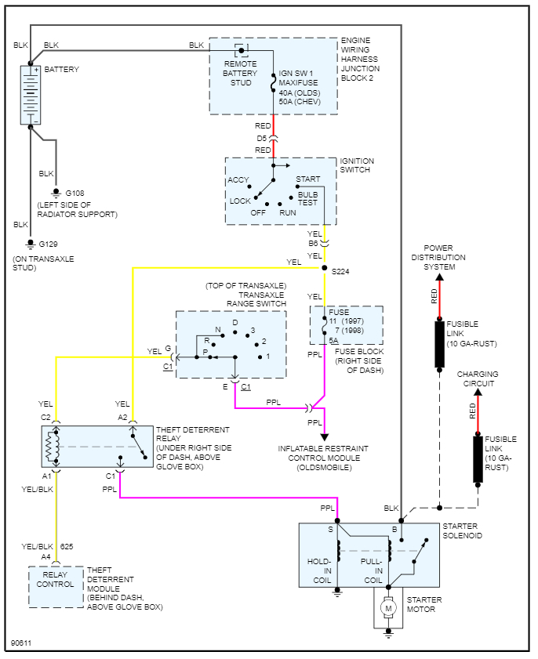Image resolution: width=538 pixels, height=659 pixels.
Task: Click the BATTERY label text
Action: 61,70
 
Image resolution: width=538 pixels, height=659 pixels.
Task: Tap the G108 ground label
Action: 76,193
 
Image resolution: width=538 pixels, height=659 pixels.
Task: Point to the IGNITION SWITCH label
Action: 357,167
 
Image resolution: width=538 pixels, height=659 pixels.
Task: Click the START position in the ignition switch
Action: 307,179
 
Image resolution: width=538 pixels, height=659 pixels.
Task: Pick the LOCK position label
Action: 240,201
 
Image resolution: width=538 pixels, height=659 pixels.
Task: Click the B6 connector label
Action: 314,244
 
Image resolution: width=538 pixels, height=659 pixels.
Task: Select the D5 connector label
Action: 262,138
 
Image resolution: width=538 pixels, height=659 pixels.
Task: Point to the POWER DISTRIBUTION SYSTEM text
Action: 439,257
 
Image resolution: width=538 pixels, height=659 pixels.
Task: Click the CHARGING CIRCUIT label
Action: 478,379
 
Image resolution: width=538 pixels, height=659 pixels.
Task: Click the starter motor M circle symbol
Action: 386,606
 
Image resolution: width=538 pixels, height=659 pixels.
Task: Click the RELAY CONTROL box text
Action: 56,579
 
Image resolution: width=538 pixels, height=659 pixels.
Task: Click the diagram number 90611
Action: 22,644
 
